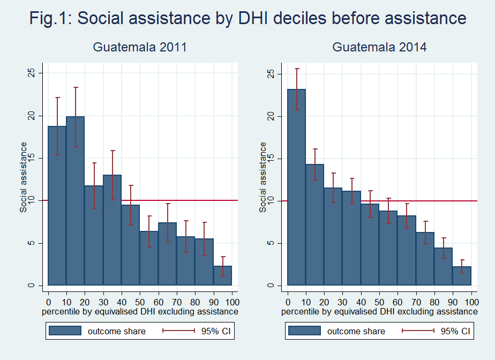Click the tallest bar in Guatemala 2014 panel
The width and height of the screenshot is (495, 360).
click(x=297, y=187)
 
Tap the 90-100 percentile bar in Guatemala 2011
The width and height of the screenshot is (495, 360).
click(x=222, y=275)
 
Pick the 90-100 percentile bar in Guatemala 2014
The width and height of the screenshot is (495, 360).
click(x=462, y=276)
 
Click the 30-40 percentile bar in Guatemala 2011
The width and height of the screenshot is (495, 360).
click(x=112, y=230)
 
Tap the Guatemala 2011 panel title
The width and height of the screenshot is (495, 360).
click(x=139, y=47)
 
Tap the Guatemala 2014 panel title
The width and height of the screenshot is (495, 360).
click(x=379, y=47)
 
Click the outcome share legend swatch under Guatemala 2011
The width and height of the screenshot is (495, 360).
click(x=65, y=331)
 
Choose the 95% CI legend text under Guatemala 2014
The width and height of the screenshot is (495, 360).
click(x=455, y=331)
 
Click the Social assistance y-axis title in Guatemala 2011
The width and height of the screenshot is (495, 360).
click(x=24, y=177)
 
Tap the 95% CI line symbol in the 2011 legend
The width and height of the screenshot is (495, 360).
click(x=178, y=331)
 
